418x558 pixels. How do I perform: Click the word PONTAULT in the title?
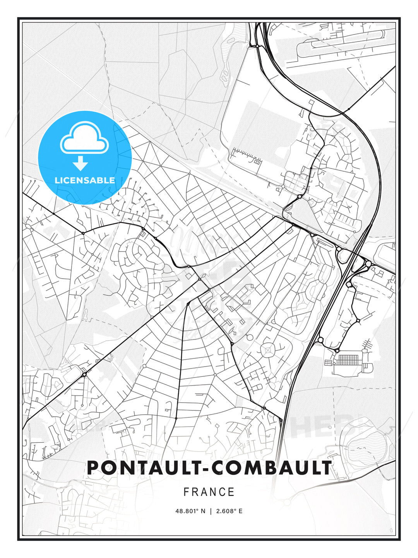click(x=142, y=468)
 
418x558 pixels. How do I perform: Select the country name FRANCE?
click(x=209, y=492)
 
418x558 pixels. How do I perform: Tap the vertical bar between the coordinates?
click(x=210, y=511)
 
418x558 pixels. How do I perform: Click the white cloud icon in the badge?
click(x=84, y=139)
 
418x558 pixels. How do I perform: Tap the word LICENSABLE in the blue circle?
click(x=85, y=180)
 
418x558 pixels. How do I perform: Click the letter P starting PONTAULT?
click(x=93, y=468)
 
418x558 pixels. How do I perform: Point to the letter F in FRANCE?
click(x=186, y=492)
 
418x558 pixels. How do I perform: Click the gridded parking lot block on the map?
click(x=348, y=359)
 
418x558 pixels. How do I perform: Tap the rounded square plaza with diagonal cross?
click(x=268, y=351)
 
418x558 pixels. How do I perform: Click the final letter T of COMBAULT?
click(x=326, y=468)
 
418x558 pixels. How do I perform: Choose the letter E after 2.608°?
click(x=240, y=511)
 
